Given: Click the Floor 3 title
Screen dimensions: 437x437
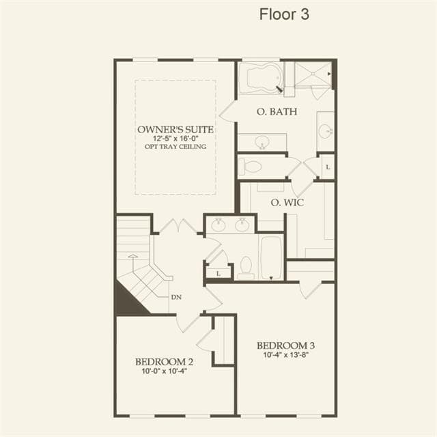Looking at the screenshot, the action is coord(284,14).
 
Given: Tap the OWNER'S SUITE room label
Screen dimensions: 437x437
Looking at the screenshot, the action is coord(175,130).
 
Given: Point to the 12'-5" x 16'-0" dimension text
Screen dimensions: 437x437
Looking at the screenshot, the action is coord(175,139).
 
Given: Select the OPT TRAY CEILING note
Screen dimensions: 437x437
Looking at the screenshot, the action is coord(175,147).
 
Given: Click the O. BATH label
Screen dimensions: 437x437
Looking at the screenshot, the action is coord(277,111).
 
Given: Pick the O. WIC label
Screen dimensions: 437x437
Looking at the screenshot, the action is coord(287,203).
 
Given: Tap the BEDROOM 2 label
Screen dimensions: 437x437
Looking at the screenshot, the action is coord(164,362).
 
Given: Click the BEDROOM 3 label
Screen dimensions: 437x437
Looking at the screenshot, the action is coord(286,346).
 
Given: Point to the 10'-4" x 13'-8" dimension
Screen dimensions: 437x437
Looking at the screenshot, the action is coord(286,355).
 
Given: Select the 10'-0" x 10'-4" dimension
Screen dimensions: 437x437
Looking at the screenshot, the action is coord(164,371).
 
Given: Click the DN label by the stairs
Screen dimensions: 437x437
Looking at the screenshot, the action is coord(176,298).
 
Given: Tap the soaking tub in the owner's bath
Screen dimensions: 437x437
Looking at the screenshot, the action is coord(261,78).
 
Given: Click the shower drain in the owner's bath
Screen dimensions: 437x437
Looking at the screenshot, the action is coord(313,74).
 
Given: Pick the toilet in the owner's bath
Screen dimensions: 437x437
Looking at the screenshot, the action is coord(251,167).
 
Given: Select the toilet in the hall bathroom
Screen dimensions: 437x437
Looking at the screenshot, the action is coord(246,267).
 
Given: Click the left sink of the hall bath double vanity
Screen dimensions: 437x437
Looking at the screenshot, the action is coord(218,225).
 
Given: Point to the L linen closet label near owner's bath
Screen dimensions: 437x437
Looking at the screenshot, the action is coord(328,167).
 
